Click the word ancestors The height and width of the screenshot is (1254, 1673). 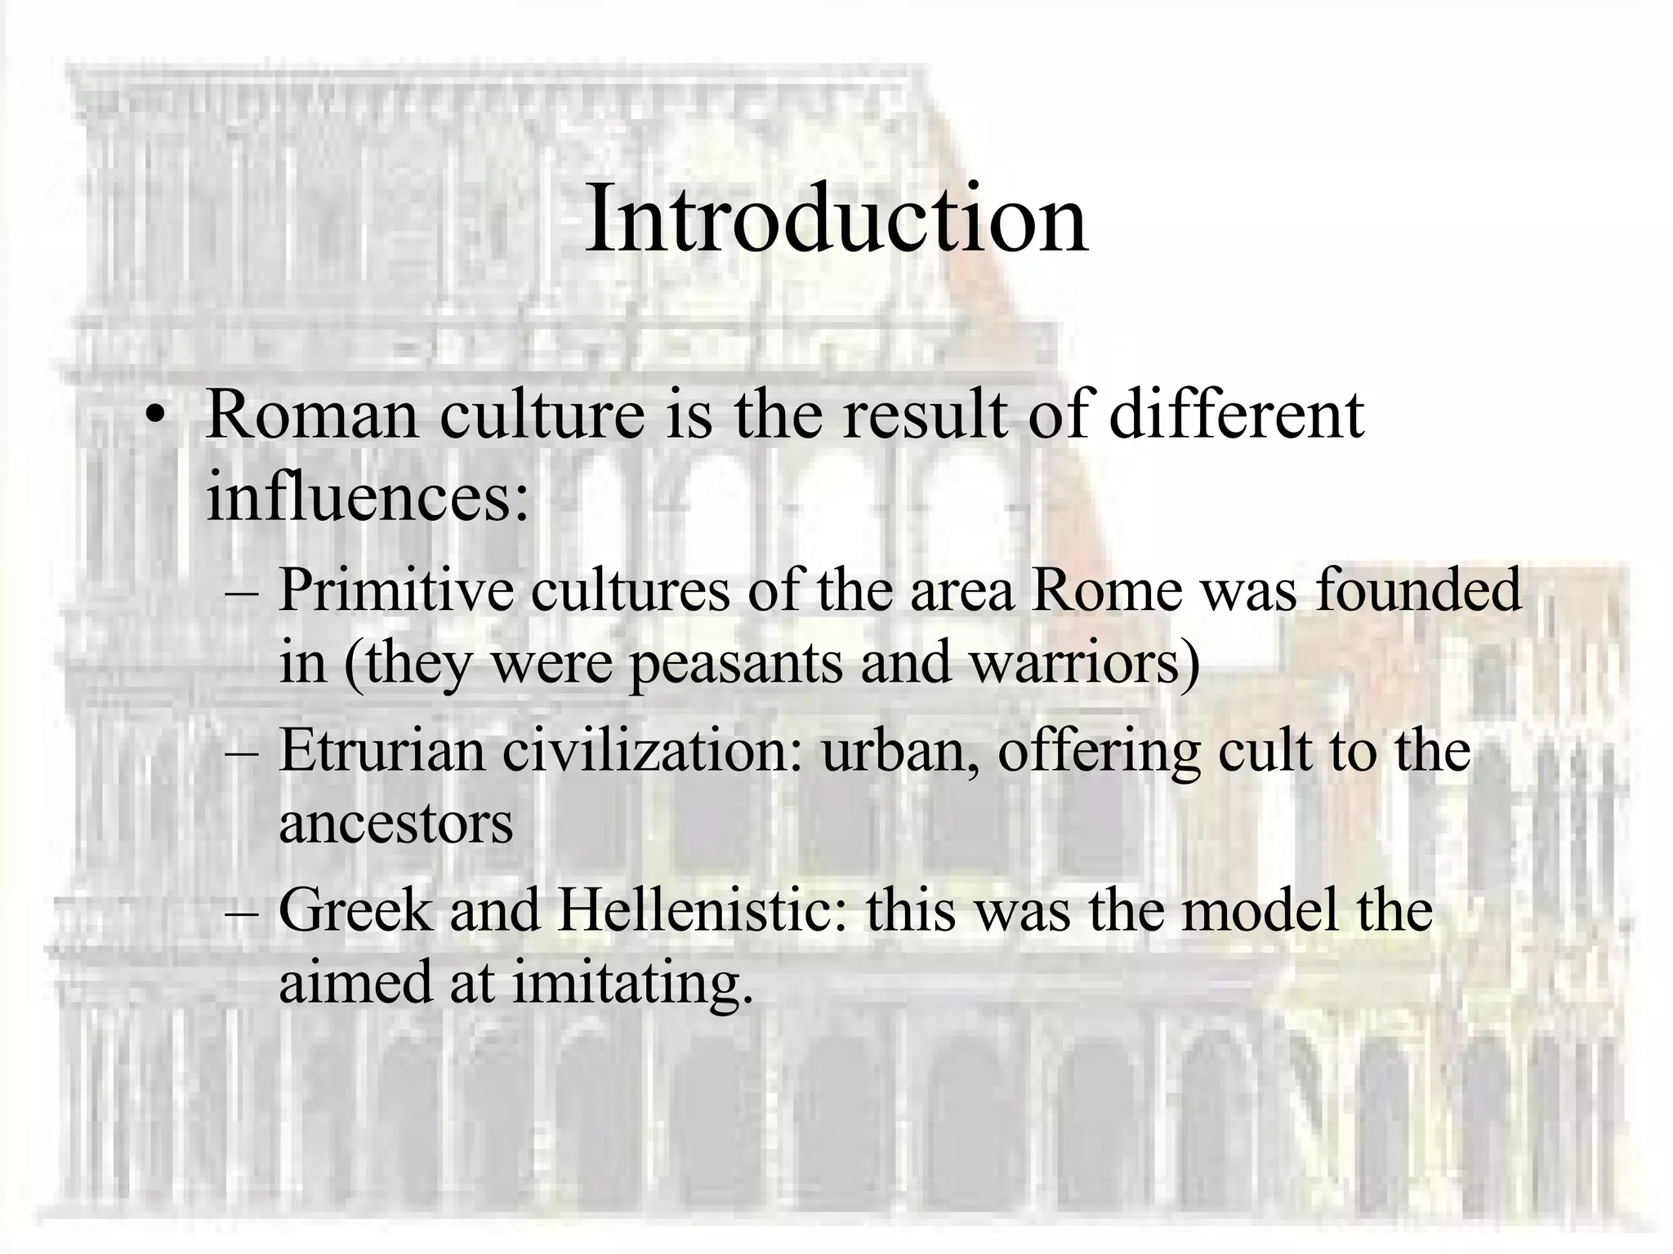tap(396, 823)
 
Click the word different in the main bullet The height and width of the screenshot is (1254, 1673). tap(1236, 416)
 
